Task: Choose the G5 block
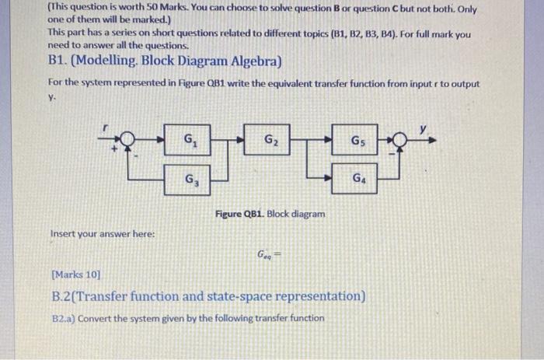pos(355,142)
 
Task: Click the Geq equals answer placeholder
pos(270,254)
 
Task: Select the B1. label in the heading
pos(59,61)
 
